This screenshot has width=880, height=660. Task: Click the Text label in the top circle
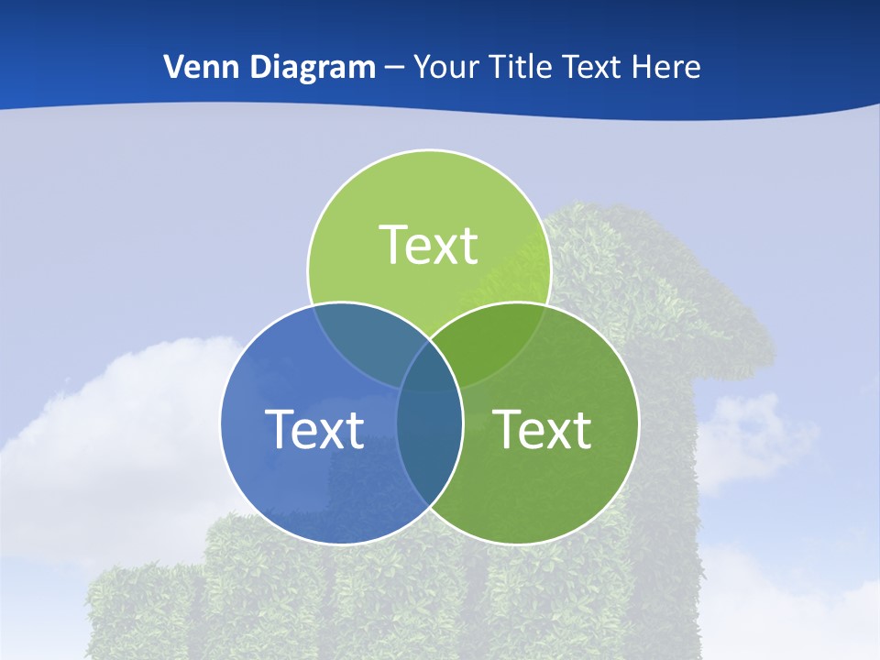(x=429, y=245)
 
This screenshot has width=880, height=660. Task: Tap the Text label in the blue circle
(x=314, y=428)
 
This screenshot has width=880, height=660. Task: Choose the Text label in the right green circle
(x=543, y=428)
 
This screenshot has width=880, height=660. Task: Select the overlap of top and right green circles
(x=495, y=344)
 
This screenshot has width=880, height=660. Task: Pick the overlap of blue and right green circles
(x=430, y=440)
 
